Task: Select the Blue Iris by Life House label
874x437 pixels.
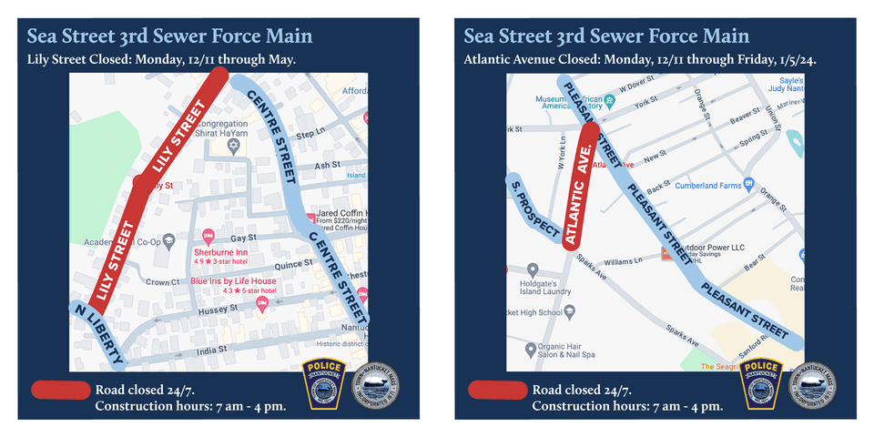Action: (233, 281)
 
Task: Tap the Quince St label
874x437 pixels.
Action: (294, 265)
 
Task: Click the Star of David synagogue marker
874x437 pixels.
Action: (233, 146)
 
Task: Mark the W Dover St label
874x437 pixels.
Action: (636, 86)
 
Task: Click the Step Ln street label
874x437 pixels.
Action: (310, 133)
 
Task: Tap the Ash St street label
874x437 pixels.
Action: (326, 166)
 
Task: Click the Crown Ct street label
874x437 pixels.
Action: (162, 282)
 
